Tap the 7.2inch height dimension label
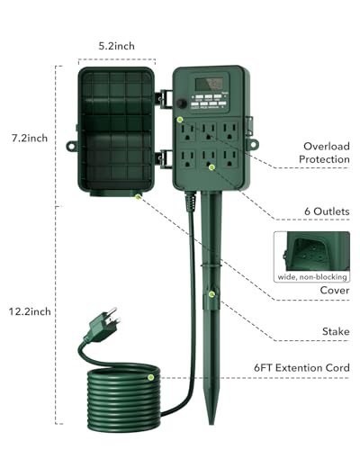pos(29,139)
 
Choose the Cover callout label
pos(336,291)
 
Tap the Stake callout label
pos(336,332)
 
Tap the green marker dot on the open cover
pos(137,194)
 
